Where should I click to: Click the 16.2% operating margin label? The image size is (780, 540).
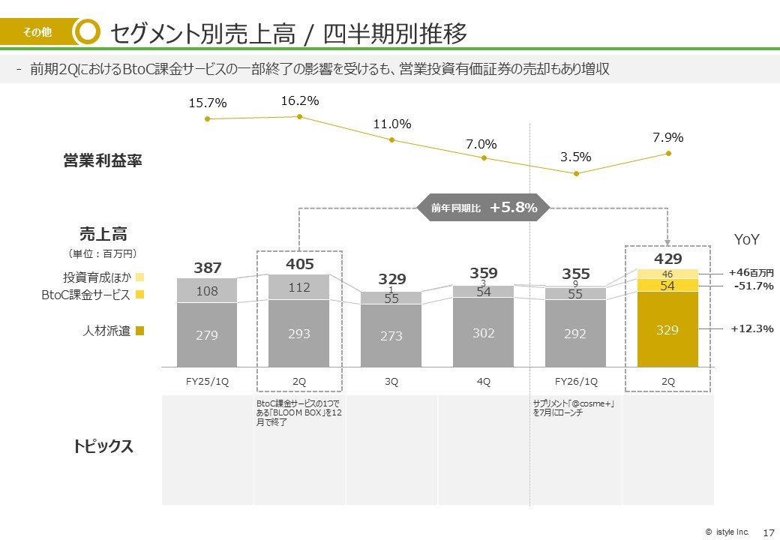(x=300, y=100)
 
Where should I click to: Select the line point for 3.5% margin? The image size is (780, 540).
(x=576, y=173)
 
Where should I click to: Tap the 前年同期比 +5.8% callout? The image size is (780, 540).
(x=484, y=208)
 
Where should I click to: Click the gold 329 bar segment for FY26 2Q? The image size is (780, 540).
(x=667, y=329)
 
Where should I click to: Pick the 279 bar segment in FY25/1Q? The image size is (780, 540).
(x=207, y=335)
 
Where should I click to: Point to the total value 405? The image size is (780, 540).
(x=299, y=264)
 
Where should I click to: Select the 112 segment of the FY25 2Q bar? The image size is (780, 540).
(x=299, y=286)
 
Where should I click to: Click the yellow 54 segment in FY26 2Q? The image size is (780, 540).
(x=667, y=286)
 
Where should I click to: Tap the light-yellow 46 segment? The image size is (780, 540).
(x=667, y=274)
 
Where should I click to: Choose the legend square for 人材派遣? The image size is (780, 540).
(x=139, y=331)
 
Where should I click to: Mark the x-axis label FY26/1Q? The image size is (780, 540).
(x=576, y=381)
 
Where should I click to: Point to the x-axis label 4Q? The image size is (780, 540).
(x=484, y=381)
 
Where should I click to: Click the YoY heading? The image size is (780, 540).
(x=746, y=239)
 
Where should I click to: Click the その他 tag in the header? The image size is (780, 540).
(x=37, y=32)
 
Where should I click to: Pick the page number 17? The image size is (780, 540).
(x=767, y=532)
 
